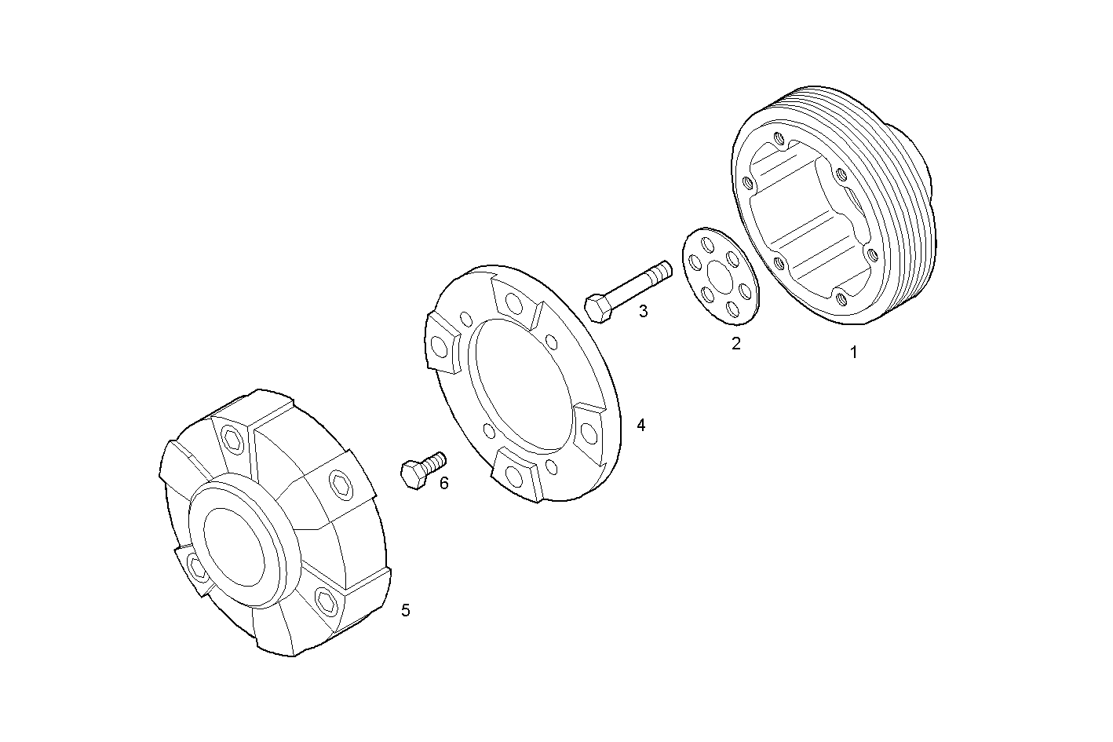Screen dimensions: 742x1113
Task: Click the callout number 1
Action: pyautogui.click(x=854, y=353)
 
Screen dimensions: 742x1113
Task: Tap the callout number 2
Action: pyautogui.click(x=735, y=343)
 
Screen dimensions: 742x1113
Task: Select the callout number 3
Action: pyautogui.click(x=643, y=311)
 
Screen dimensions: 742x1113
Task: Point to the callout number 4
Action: pyautogui.click(x=641, y=425)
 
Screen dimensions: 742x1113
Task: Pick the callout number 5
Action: pyautogui.click(x=405, y=610)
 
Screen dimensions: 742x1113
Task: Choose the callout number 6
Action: pyautogui.click(x=444, y=483)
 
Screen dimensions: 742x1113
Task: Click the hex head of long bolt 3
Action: pyautogui.click(x=598, y=308)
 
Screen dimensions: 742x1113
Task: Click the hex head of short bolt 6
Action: pyautogui.click(x=413, y=474)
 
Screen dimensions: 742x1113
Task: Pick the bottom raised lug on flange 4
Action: pyautogui.click(x=515, y=475)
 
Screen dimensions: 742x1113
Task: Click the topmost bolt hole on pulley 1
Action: pyautogui.click(x=779, y=140)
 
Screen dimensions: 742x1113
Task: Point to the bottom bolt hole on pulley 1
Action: pyautogui.click(x=841, y=298)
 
